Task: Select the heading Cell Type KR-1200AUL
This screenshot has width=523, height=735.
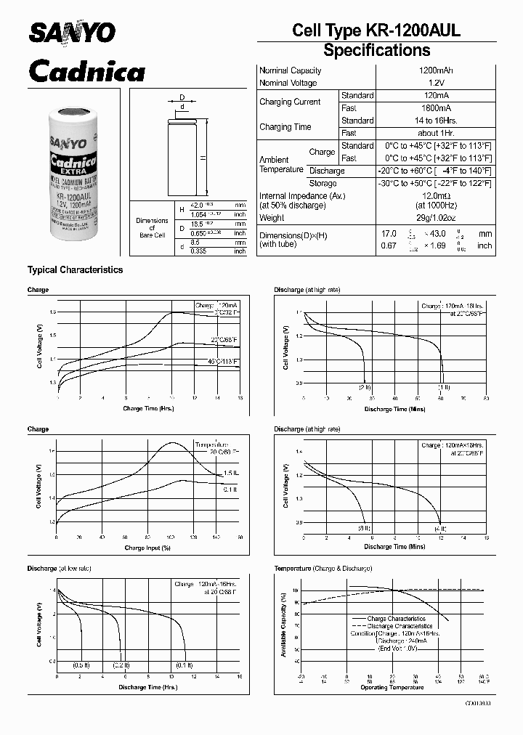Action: click(376, 30)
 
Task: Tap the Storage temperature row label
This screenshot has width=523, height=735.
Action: click(323, 184)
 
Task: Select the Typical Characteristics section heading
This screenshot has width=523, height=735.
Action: click(75, 269)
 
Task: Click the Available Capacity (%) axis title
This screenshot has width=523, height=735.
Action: click(283, 625)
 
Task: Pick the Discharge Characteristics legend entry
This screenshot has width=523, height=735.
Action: click(399, 625)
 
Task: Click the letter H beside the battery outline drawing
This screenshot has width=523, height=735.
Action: click(204, 158)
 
